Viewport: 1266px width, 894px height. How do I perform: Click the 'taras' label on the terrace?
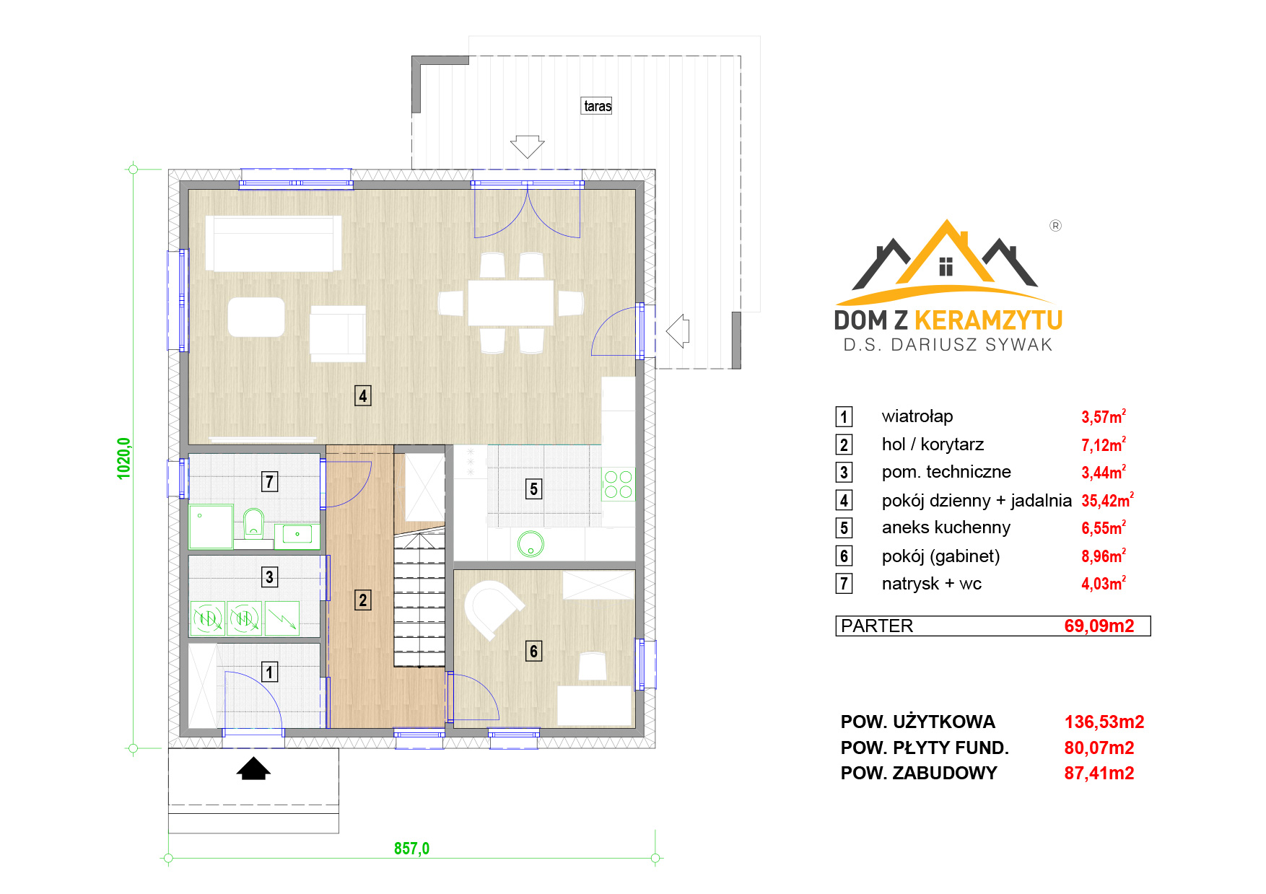[598, 106]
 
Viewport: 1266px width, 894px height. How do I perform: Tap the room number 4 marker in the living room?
[363, 395]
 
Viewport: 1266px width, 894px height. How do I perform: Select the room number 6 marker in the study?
[533, 652]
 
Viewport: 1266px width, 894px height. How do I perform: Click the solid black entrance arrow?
[253, 768]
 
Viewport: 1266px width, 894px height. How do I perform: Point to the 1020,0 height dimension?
[124, 458]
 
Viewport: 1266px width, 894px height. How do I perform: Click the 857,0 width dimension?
[411, 849]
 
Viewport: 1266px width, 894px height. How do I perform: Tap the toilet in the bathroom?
[253, 522]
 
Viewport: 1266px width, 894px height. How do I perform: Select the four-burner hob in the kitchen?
[618, 484]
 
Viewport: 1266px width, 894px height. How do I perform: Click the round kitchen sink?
[531, 544]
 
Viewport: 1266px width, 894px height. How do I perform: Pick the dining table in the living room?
[510, 303]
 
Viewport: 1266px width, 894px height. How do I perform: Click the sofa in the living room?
[273, 243]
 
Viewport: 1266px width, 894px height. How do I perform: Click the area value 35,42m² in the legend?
[1107, 499]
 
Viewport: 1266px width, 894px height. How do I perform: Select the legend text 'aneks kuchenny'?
[946, 527]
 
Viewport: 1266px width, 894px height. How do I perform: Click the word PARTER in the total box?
[877, 626]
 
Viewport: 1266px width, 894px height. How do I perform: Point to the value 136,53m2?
[1104, 722]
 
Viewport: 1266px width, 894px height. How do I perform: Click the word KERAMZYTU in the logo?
[988, 320]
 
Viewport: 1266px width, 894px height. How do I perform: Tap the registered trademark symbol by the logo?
[1055, 226]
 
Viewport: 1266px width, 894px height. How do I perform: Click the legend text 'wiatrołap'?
[917, 416]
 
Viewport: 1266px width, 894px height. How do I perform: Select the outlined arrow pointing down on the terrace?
[527, 146]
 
